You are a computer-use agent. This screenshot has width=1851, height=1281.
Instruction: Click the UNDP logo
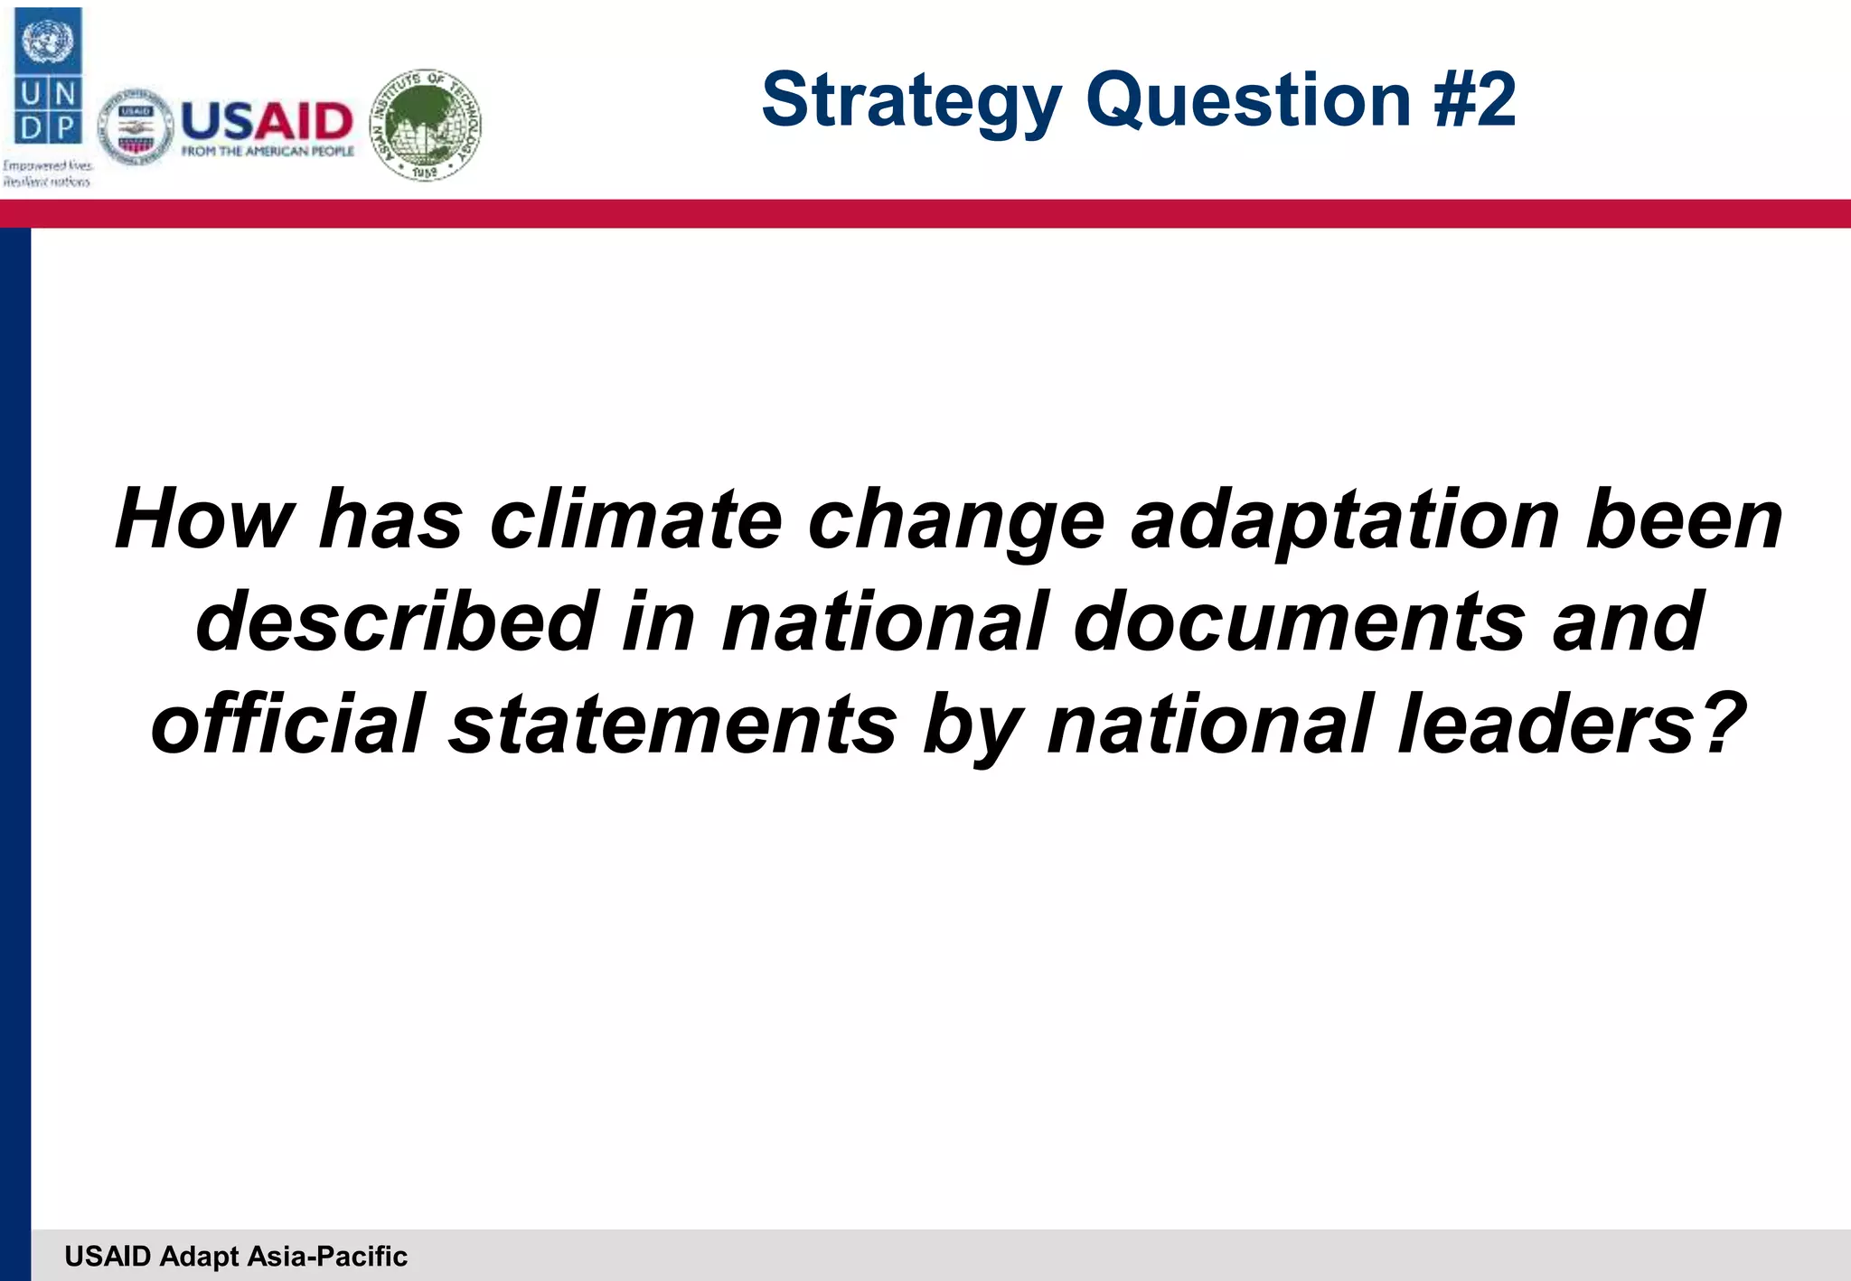[x=49, y=76]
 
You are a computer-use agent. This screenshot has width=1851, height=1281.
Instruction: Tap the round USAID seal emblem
[x=136, y=128]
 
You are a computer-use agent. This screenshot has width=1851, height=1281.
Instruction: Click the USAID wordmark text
[x=268, y=121]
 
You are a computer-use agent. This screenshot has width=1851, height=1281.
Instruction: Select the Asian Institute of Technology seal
[x=427, y=124]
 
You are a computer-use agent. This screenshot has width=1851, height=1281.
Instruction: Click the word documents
[x=1300, y=622]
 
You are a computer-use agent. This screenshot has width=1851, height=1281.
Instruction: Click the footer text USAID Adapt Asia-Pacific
[x=236, y=1256]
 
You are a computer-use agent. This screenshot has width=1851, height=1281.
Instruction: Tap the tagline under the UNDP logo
[x=47, y=173]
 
